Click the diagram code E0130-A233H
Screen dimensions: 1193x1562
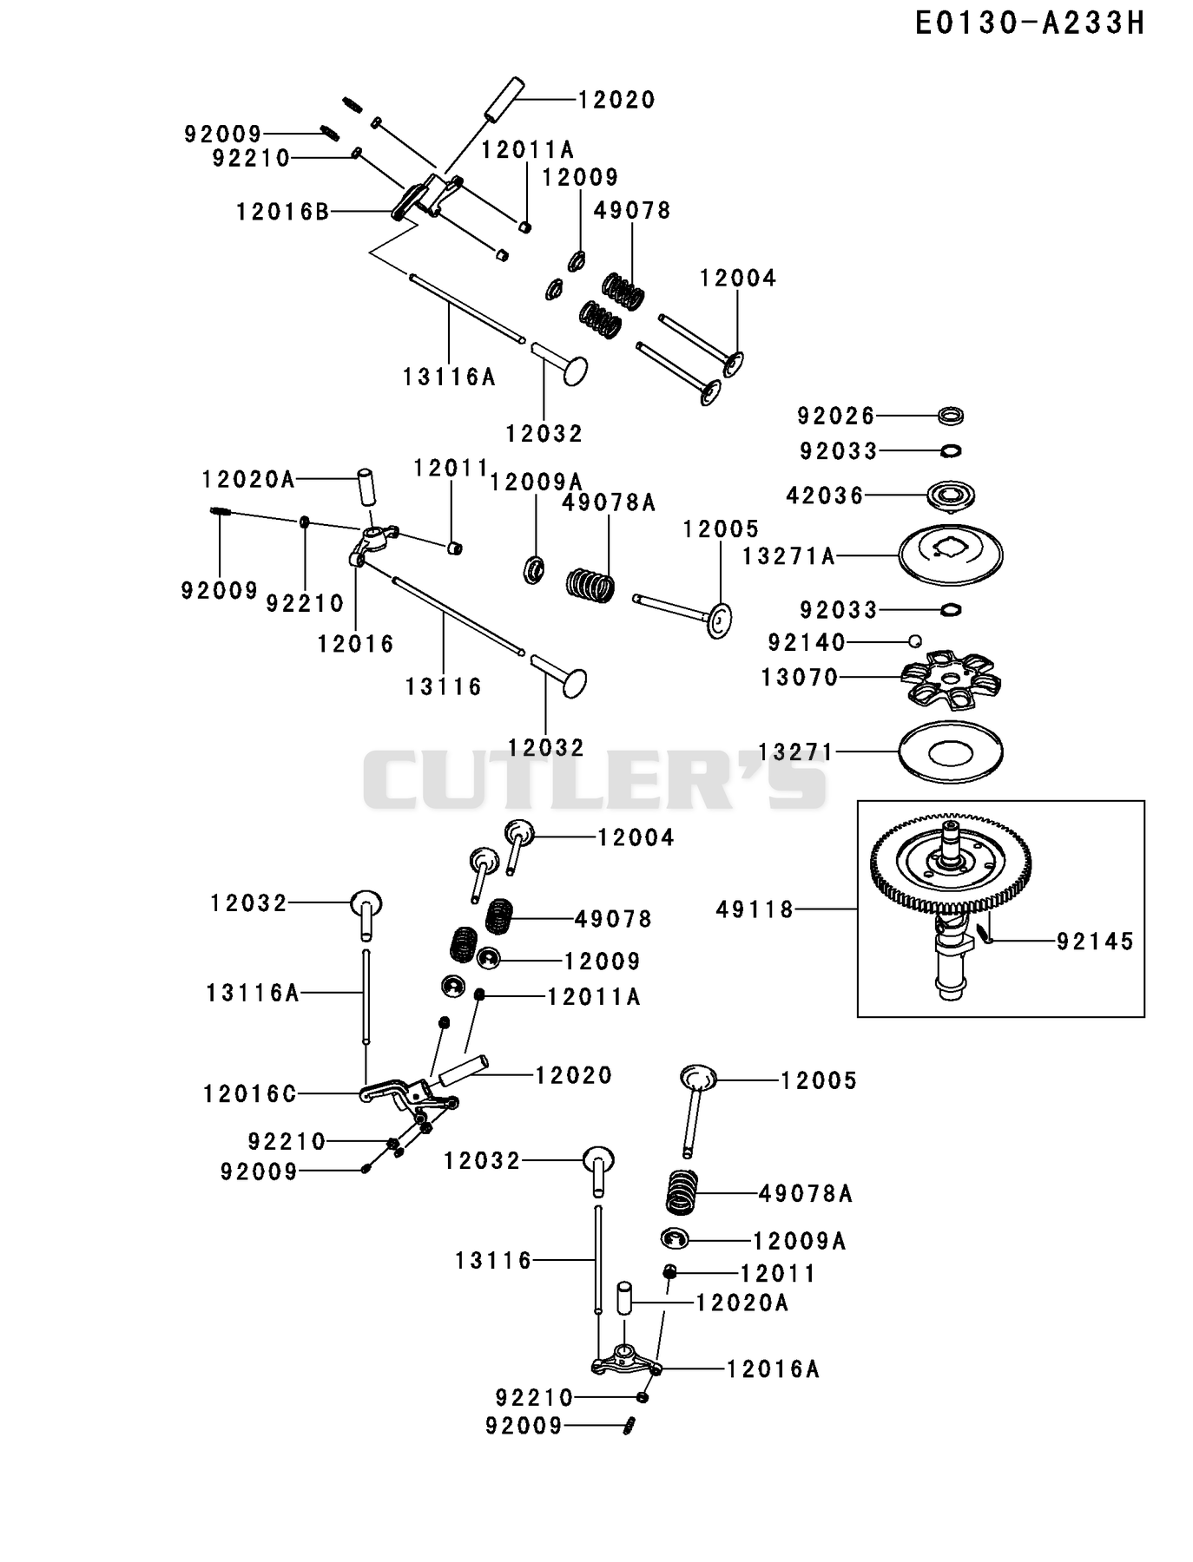point(1031,23)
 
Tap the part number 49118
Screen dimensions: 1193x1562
point(755,909)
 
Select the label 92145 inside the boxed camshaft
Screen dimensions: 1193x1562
point(1096,942)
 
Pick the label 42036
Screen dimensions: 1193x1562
point(826,496)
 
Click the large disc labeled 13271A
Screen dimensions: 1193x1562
point(950,555)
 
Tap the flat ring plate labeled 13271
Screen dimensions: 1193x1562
point(951,751)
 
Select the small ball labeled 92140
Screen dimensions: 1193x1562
point(914,641)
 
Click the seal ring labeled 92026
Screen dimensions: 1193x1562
point(952,416)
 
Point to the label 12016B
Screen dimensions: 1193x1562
point(283,211)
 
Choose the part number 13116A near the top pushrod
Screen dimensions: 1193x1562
point(449,377)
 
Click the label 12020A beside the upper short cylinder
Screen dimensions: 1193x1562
point(248,479)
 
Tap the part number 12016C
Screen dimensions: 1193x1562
point(250,1094)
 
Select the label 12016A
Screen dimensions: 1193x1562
point(773,1369)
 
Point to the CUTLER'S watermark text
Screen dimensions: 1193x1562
point(596,778)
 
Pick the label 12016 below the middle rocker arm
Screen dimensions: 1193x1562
point(356,644)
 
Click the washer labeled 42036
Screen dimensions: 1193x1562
point(952,496)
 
